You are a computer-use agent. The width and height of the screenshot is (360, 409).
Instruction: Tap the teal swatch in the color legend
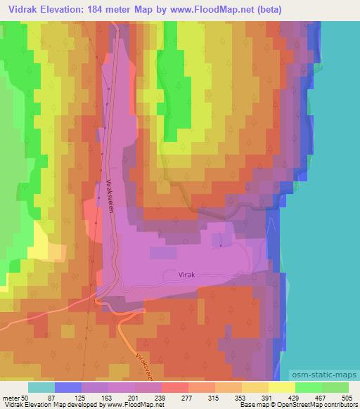pos(41,387)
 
